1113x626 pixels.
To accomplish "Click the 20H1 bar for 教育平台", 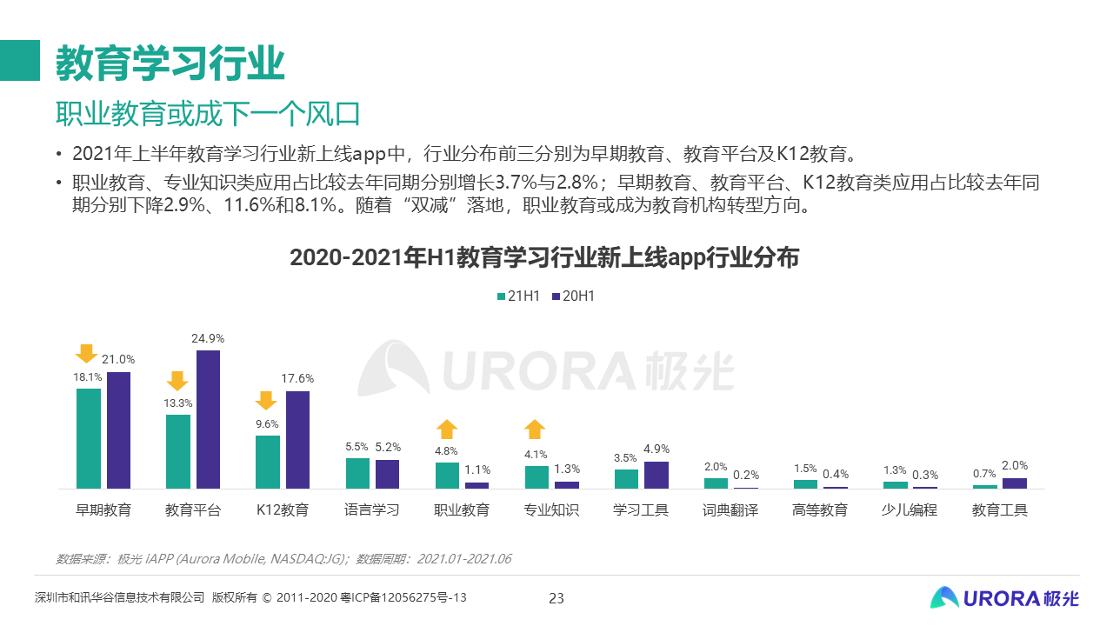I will coord(208,419).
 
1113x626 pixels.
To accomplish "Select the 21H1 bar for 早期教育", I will coord(89,438).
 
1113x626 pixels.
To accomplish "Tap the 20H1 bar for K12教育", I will coord(297,440).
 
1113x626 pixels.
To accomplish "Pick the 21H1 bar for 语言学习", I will coord(357,473).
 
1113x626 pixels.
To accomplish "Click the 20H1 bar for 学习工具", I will coord(656,475).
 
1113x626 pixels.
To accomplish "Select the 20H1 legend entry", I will coord(573,296).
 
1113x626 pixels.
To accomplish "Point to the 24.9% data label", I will coord(208,338).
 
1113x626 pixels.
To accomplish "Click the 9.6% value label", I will coord(267,423).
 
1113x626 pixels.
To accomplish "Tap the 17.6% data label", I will coord(297,379).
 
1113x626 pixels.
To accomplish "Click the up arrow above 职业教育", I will coord(447,429).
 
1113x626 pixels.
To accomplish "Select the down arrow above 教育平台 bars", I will coord(177,381).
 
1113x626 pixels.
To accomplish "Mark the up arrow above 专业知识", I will coord(536,429).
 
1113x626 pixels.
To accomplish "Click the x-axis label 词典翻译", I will coord(730,510).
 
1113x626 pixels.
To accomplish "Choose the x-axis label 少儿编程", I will coord(910,510).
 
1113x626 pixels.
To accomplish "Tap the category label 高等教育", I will coord(820,510).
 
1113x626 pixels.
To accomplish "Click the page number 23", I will coord(556,598).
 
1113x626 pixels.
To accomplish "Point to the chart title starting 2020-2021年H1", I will coord(544,258).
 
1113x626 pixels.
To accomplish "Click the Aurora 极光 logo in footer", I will coord(1004,597).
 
